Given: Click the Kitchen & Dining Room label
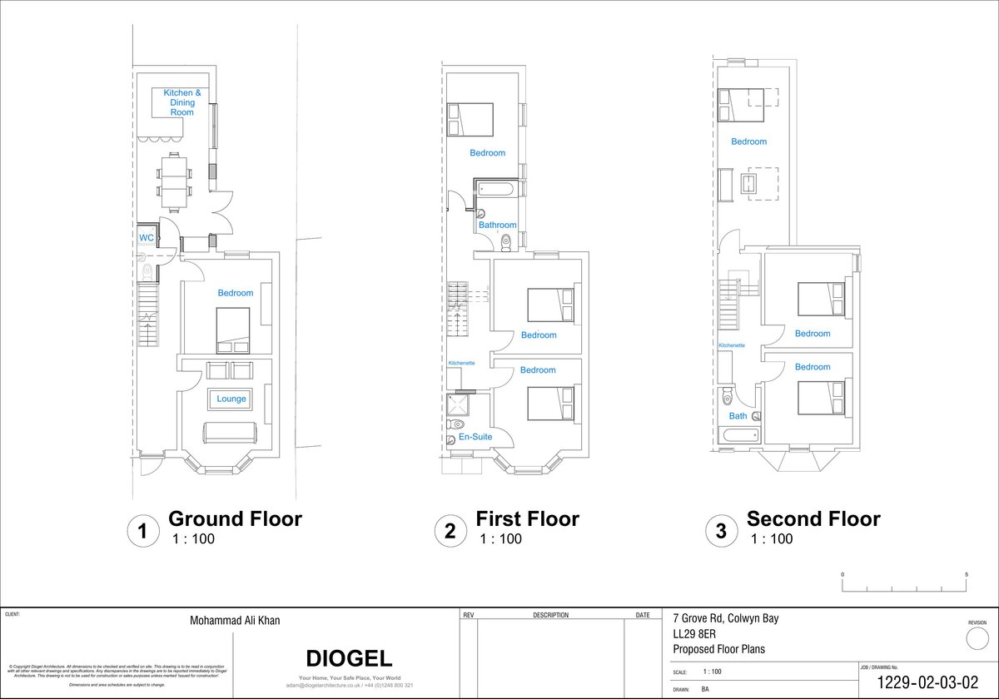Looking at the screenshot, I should pos(181,102).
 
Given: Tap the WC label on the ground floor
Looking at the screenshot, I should pos(146,238).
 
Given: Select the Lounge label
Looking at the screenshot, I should pos(231,399).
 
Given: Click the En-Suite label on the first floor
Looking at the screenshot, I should pos(475,437).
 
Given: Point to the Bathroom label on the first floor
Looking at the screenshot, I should pos(497,225).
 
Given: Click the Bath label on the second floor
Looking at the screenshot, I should pos(738,416).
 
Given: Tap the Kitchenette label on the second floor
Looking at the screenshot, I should pos(732,345).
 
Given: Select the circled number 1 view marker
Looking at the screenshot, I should pos(142,530).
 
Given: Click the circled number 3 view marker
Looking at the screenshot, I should pos(721,530).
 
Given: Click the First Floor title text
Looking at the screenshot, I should pos(527,519).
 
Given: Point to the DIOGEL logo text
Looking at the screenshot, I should pos(349,658).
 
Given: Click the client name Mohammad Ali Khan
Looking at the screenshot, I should pos(234,621).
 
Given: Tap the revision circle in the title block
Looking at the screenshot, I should pos(977,639).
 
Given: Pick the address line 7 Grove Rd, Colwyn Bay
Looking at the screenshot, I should pos(725,618).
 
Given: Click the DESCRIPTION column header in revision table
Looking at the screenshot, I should pos(550,616).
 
